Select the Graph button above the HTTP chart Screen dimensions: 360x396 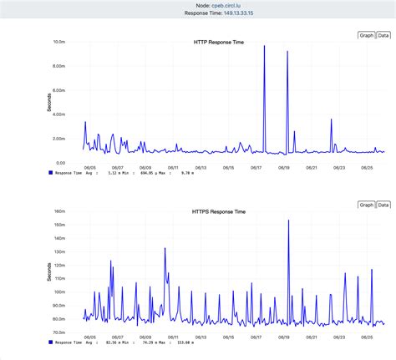click(x=366, y=35)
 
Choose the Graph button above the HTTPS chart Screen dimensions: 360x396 click(x=366, y=205)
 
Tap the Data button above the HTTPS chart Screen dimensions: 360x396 click(x=383, y=205)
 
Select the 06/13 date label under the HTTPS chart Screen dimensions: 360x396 click(x=199, y=337)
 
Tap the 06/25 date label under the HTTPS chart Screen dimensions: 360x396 click(x=366, y=337)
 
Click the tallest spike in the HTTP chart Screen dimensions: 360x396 click(x=264, y=46)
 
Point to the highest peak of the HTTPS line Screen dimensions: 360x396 click(x=288, y=221)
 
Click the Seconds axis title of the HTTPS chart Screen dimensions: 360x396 click(x=48, y=271)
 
